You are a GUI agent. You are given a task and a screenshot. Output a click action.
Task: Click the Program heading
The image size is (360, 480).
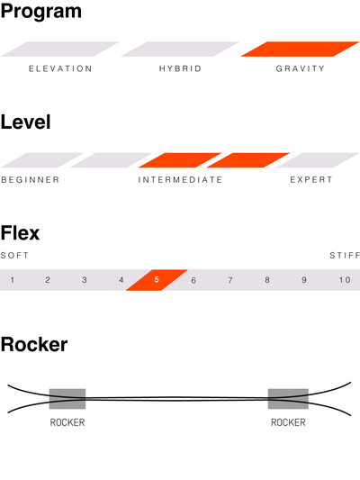click(41, 13)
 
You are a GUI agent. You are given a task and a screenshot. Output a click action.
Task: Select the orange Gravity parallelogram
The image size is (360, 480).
click(300, 49)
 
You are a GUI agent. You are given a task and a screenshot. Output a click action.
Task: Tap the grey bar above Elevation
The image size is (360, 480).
click(60, 49)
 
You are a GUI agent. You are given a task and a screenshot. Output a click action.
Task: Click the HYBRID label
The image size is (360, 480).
click(180, 68)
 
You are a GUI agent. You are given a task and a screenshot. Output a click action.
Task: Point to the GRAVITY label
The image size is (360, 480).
click(300, 68)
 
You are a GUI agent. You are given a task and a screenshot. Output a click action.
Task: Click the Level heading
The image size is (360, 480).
click(26, 122)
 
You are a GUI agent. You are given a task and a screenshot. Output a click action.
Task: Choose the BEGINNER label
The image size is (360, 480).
click(31, 180)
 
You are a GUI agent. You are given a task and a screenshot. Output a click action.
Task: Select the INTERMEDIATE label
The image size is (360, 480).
click(180, 180)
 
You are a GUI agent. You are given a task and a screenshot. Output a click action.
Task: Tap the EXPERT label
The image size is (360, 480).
click(311, 180)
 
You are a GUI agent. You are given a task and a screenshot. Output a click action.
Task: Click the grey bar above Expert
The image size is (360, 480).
click(318, 160)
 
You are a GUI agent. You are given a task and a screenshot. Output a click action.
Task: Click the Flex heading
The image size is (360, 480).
click(20, 233)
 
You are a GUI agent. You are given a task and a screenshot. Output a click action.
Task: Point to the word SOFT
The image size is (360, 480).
click(14, 255)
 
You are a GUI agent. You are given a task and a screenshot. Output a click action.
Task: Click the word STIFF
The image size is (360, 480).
click(345, 255)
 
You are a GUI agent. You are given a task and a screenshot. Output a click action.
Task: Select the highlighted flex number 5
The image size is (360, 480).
click(157, 280)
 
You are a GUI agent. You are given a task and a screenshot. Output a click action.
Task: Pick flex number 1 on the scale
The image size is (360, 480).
click(13, 280)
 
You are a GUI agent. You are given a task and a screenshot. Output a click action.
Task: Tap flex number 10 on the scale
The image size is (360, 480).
click(345, 280)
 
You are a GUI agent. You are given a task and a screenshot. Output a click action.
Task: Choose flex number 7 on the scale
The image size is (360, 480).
click(230, 280)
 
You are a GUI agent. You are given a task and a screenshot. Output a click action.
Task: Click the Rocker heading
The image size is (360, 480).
click(34, 345)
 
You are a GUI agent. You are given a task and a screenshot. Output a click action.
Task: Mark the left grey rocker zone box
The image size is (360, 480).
click(67, 399)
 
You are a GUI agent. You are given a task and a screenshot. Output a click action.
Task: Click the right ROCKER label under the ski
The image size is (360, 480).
click(288, 422)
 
